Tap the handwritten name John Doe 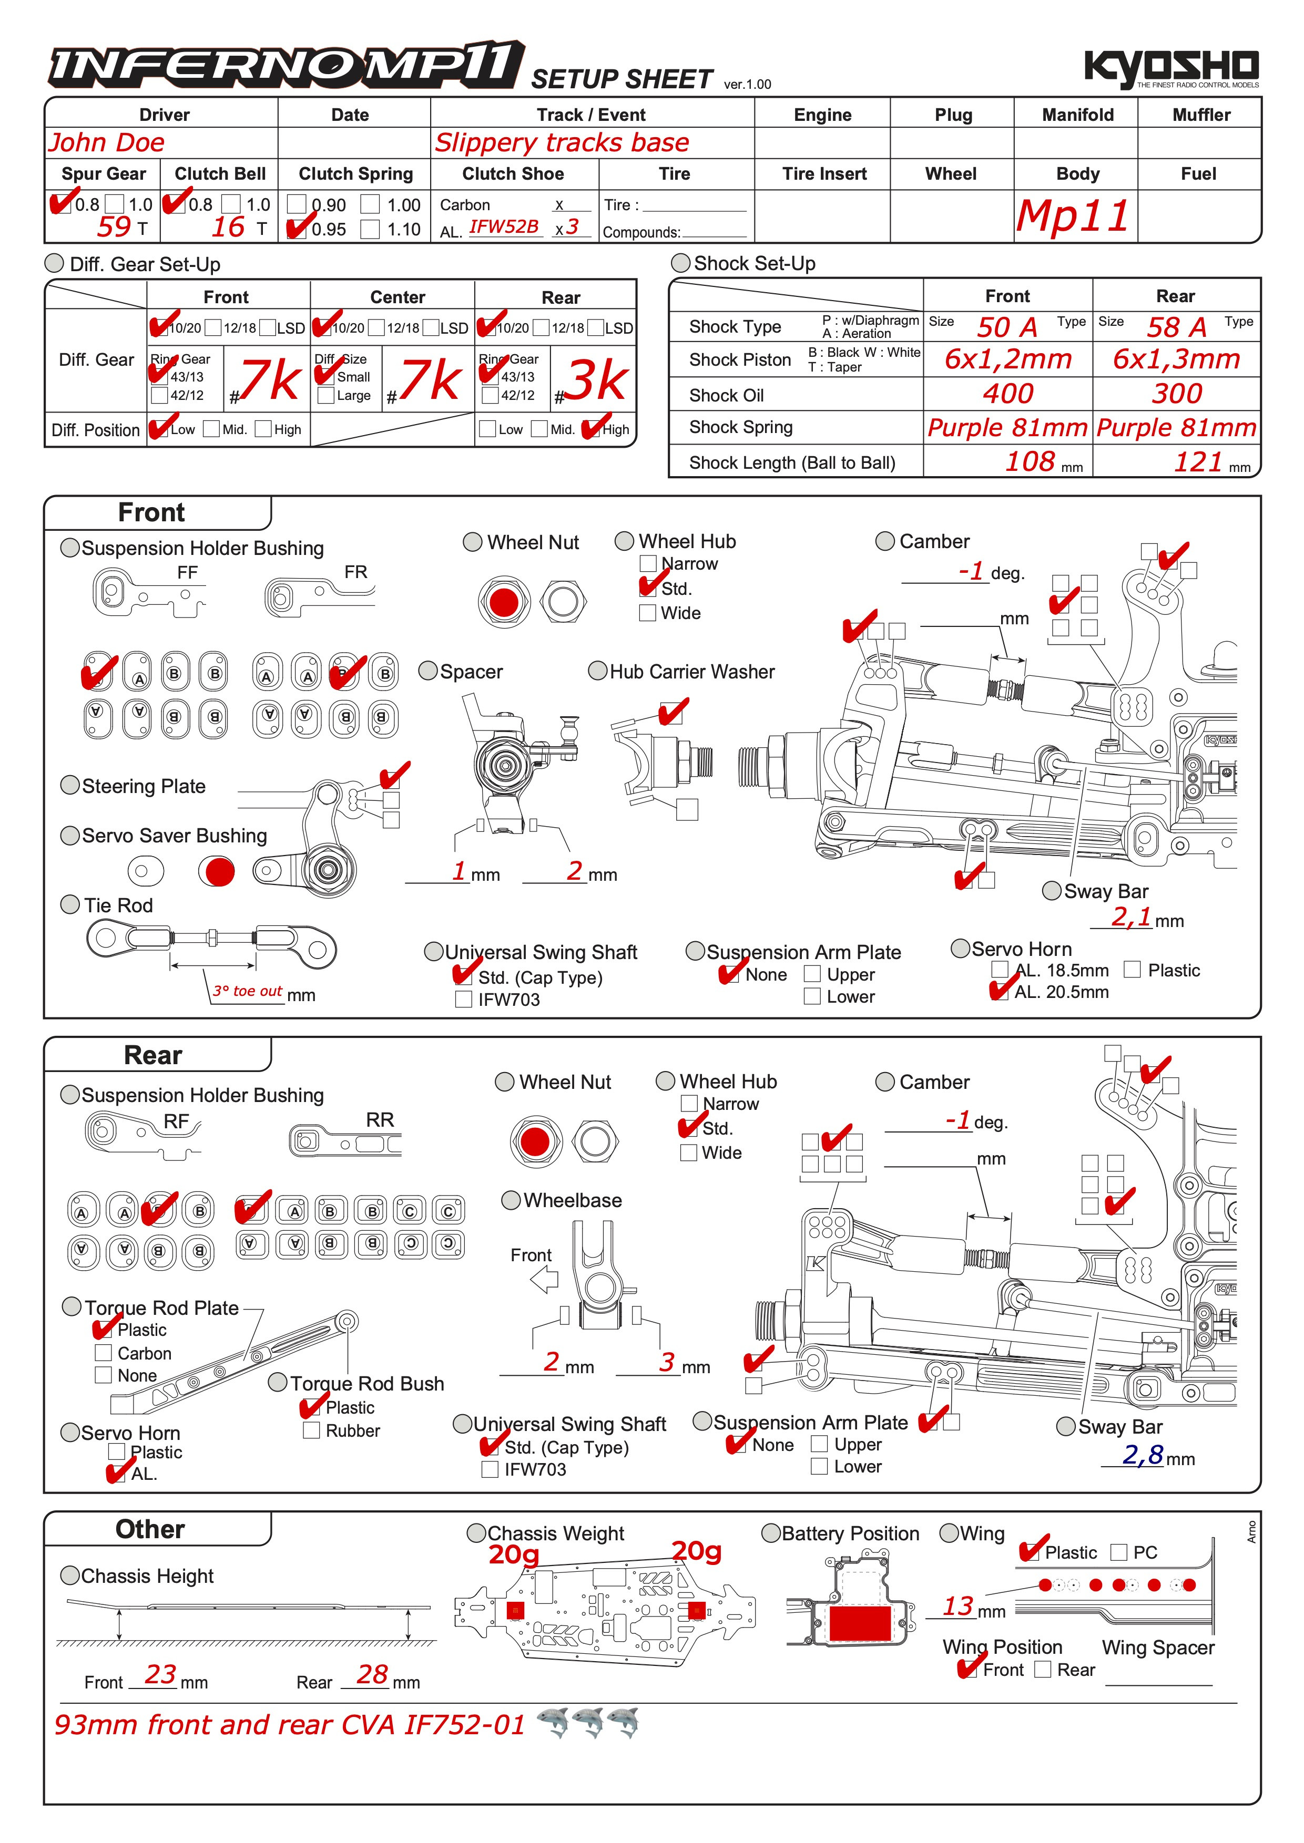107,143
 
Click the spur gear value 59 114,227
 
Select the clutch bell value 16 228,227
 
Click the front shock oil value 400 1008,393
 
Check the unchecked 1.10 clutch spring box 370,230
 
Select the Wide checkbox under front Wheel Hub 647,613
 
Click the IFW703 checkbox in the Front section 463,1000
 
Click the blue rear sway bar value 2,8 1143,1455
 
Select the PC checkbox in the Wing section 1118,1552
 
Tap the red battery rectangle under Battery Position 860,1622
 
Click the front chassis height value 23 160,1674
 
